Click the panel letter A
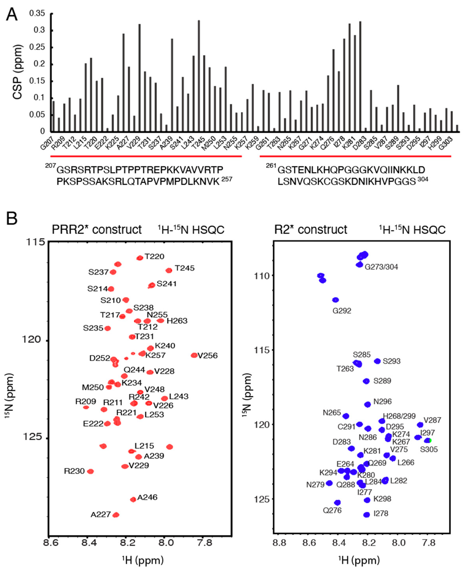point(12,15)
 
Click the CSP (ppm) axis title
point(18,72)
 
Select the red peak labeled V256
point(194,355)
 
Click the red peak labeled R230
point(91,471)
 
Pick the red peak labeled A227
point(116,515)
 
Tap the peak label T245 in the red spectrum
point(185,268)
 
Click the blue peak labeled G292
point(335,300)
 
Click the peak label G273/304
point(381,267)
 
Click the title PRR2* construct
point(97,230)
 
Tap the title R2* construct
point(310,230)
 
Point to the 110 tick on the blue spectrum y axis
point(262,276)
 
